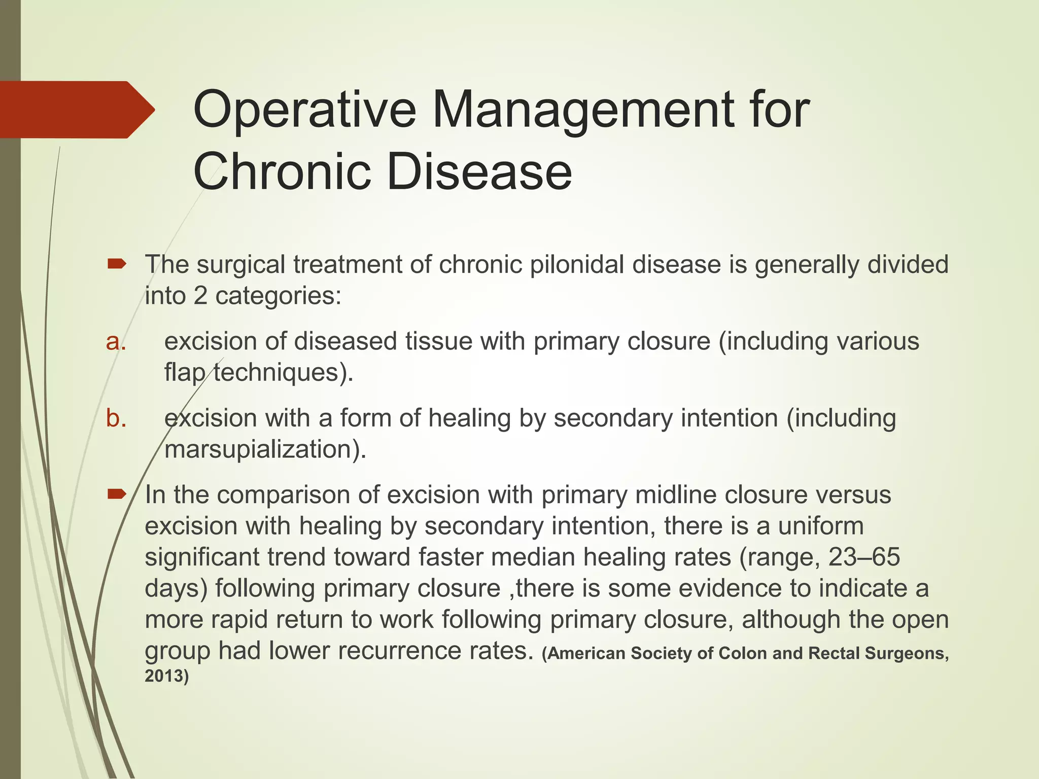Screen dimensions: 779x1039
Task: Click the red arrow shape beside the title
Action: (x=76, y=110)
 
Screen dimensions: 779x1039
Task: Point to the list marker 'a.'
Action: (x=116, y=342)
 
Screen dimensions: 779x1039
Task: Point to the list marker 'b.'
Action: (x=116, y=418)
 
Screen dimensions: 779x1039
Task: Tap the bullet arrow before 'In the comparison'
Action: (x=117, y=493)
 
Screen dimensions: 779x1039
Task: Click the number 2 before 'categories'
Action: (x=200, y=296)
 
